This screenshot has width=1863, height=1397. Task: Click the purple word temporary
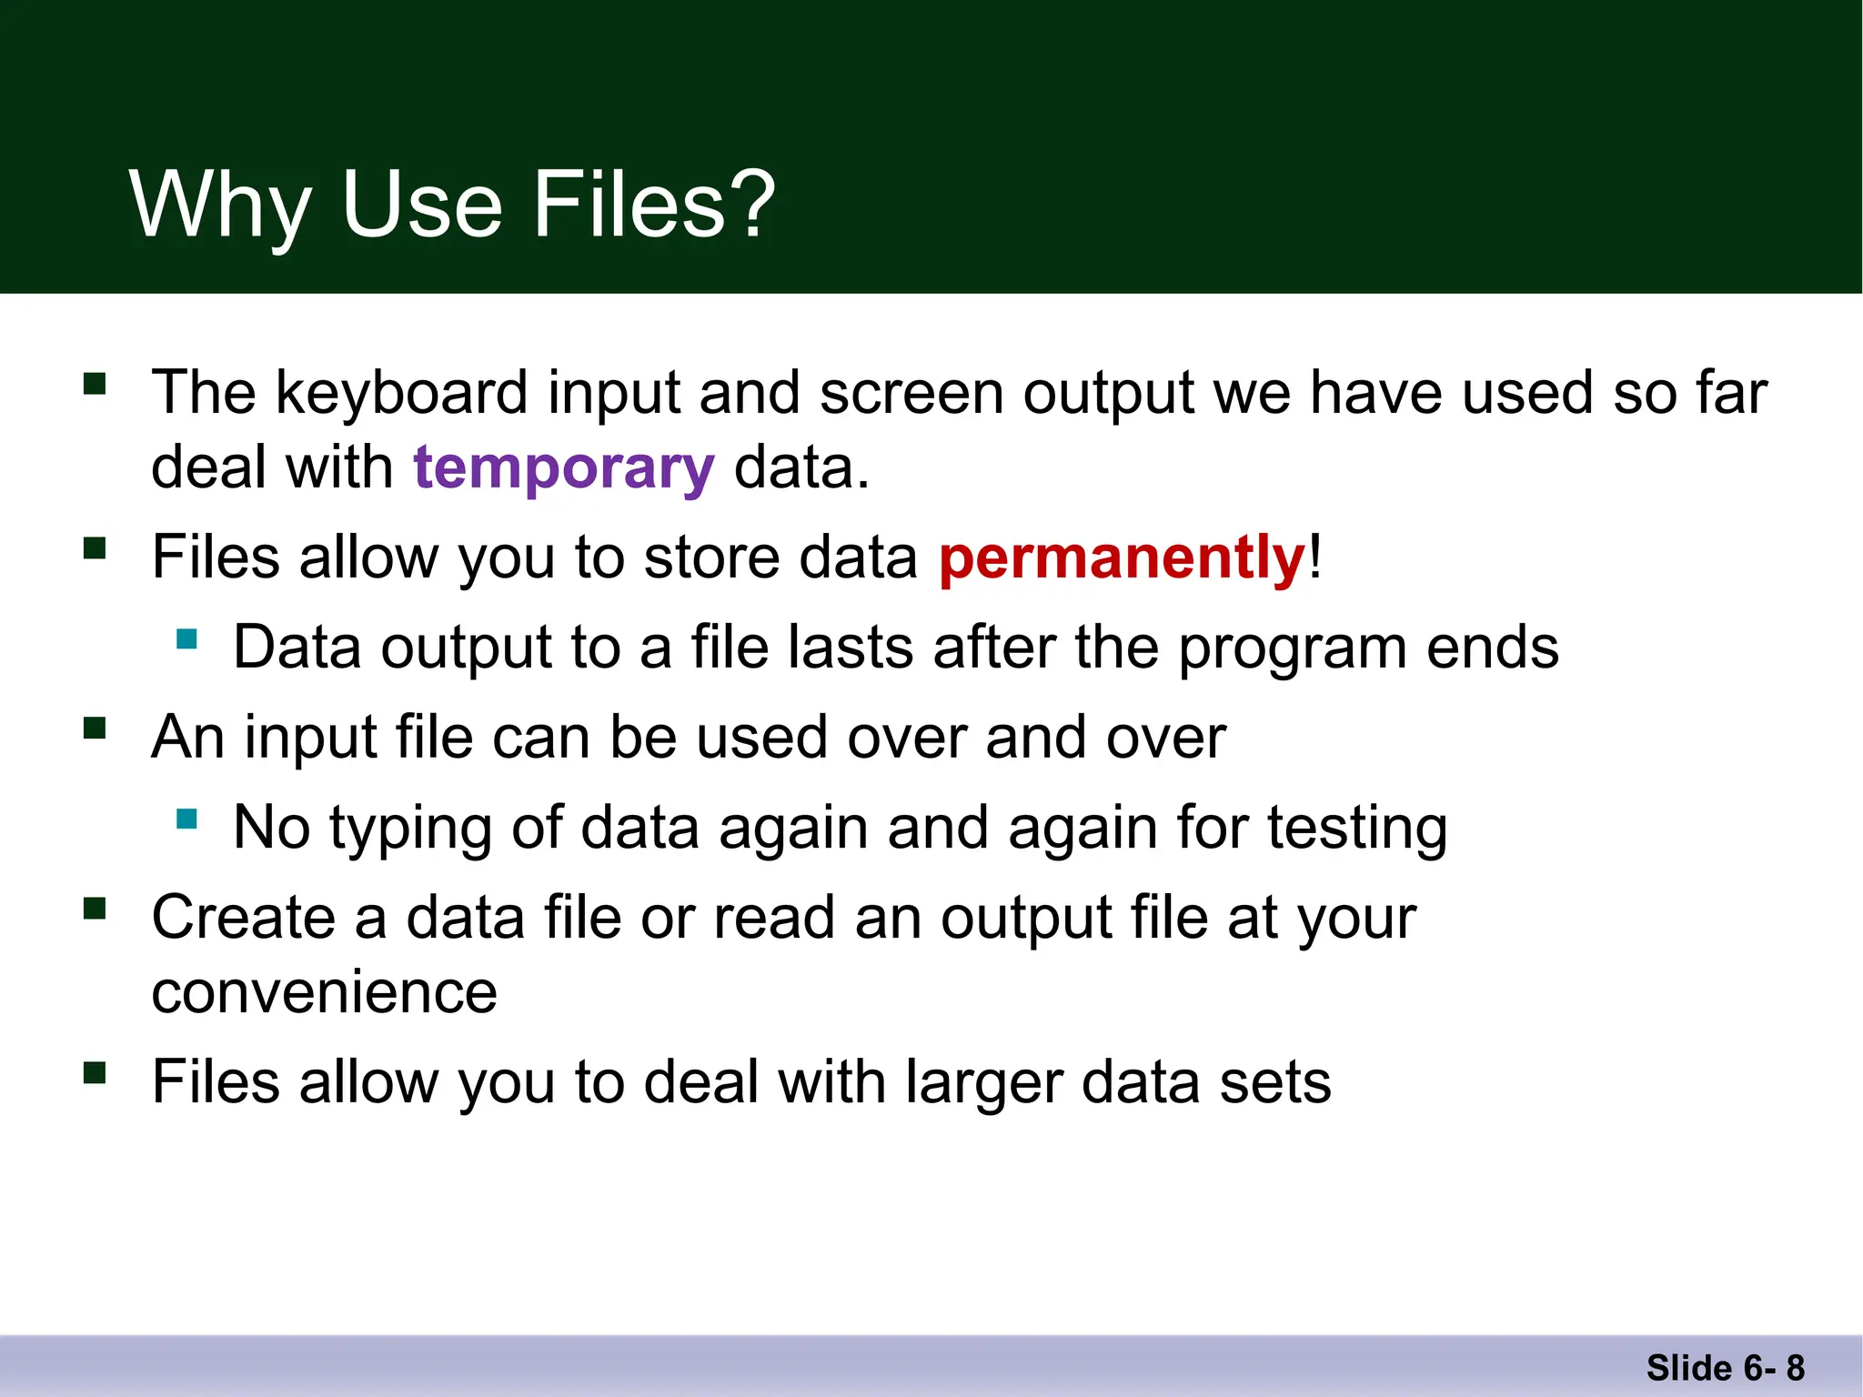564,469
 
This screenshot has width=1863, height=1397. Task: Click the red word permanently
1123,558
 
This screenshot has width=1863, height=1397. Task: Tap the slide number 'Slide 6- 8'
1725,1368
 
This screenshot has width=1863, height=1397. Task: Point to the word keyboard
401,394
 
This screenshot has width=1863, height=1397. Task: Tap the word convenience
324,992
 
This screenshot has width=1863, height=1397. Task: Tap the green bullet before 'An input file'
95,728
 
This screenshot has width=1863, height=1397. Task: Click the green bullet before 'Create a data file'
95,909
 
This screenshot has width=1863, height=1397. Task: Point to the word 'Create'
242,918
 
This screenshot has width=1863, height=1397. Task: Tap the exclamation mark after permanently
1315,558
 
